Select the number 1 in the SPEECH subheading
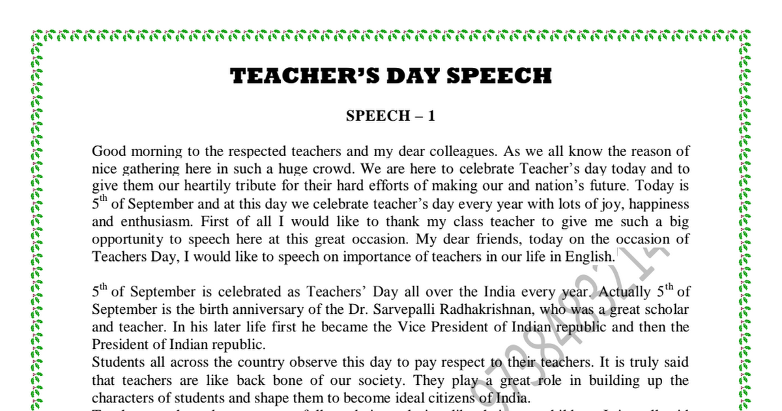tap(431, 117)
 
